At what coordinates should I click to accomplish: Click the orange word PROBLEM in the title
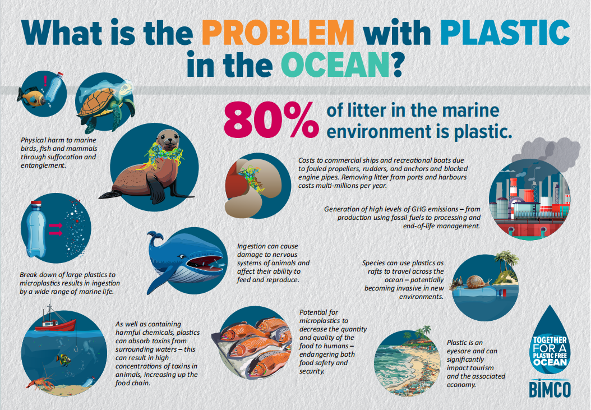[x=278, y=33]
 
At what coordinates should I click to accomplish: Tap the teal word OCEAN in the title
[x=335, y=65]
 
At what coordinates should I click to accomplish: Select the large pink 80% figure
[x=271, y=120]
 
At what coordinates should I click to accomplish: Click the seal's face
[x=168, y=140]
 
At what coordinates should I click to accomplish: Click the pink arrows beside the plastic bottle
[x=56, y=229]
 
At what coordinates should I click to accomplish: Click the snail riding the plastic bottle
[x=478, y=282]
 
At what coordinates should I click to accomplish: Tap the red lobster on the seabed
[x=40, y=382]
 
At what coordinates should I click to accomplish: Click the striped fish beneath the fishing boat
[x=63, y=360]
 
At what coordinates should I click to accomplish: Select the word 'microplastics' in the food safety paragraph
[x=324, y=321]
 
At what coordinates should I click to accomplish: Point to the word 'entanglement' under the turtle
[x=43, y=165]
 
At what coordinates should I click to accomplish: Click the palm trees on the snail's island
[x=506, y=260]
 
